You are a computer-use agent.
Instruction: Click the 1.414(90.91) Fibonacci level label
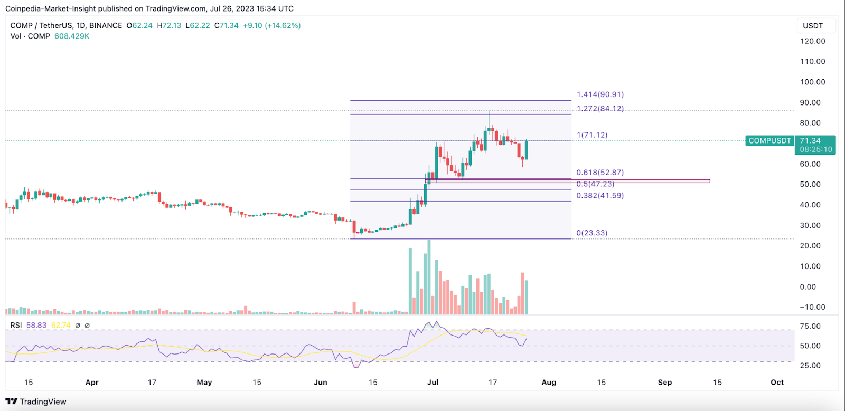[x=600, y=94]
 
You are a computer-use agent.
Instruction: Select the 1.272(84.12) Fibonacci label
[x=600, y=108]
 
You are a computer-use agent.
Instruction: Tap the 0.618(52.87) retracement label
[x=600, y=173]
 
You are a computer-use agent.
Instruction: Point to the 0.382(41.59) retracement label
[x=600, y=195]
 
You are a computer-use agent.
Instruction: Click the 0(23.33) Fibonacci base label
[x=591, y=233]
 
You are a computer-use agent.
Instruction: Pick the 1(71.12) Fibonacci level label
[x=592, y=135]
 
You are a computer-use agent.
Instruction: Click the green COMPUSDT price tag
[x=769, y=141]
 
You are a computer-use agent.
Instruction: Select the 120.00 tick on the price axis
[x=812, y=41]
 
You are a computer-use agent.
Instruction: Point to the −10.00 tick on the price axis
[x=812, y=307]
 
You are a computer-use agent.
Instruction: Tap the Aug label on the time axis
[x=549, y=382]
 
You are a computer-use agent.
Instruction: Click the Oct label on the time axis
[x=777, y=382]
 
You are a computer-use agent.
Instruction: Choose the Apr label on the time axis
[x=92, y=382]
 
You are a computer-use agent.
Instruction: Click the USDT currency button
[x=813, y=26]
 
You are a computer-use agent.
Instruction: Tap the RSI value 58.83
[x=36, y=325]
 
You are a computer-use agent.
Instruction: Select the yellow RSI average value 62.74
[x=61, y=325]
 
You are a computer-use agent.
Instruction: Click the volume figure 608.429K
[x=72, y=36]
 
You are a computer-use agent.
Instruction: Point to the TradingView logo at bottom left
[x=36, y=402]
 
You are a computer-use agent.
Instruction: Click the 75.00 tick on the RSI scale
[x=810, y=326]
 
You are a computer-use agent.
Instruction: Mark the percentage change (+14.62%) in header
[x=283, y=25]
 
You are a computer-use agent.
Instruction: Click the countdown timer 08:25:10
[x=816, y=149]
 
